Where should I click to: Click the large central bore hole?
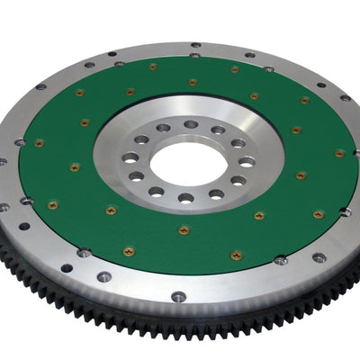pos(184,163)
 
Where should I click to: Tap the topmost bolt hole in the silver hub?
pos(191,125)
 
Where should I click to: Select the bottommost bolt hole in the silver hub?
pos(184,198)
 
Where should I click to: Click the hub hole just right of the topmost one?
pos(217,130)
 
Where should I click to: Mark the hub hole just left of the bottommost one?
pos(157,191)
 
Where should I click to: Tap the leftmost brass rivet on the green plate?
pos(39,142)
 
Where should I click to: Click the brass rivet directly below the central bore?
pos(184,230)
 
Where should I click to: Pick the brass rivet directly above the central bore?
pos(193,83)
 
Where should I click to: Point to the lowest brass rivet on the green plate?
pos(236,256)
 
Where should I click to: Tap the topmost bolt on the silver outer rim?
pos(195,43)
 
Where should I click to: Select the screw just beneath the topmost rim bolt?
pos(194,56)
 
